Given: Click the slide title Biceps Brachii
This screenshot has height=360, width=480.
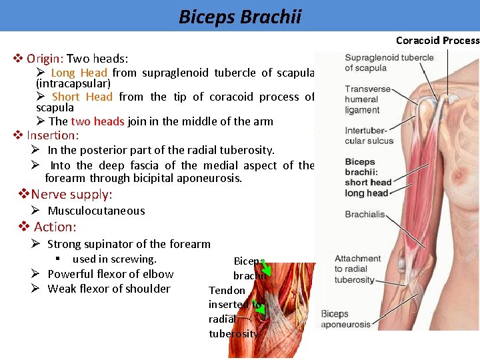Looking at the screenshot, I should (239, 16).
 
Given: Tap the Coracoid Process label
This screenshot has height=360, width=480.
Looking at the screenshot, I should (437, 41).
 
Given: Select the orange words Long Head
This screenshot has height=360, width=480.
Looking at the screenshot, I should (79, 73).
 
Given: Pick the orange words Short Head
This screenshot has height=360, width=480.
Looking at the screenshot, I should (82, 97).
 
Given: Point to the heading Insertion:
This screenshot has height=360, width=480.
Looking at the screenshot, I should (53, 135).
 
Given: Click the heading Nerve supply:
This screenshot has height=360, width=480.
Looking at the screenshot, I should (71, 195).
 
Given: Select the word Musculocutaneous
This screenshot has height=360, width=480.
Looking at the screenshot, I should (96, 211).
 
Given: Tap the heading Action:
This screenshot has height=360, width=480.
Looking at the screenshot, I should (55, 227).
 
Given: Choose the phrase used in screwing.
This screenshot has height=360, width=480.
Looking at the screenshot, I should (114, 259).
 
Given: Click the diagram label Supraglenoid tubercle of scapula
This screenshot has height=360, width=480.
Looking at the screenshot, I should (389, 63).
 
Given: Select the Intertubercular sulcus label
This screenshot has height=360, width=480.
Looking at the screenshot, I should (369, 135).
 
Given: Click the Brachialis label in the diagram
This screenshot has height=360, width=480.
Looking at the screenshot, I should (365, 215).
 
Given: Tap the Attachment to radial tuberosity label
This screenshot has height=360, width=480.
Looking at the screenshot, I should (357, 269).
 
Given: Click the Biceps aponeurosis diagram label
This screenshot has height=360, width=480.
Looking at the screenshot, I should (345, 319).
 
